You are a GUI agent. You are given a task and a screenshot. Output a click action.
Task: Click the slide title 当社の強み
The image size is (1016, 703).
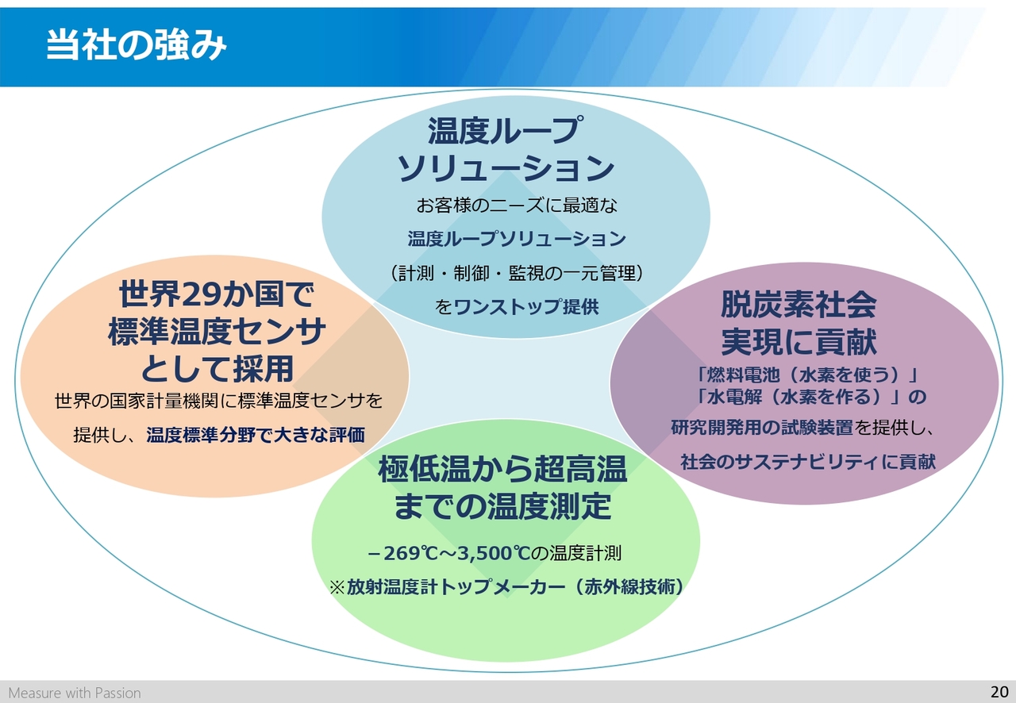[x=136, y=45]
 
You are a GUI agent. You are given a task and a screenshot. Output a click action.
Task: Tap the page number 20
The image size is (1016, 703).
[x=999, y=692]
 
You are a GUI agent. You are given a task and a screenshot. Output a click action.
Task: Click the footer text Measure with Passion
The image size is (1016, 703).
[x=75, y=693]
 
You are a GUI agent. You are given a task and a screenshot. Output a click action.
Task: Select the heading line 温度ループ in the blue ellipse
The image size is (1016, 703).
[x=503, y=131]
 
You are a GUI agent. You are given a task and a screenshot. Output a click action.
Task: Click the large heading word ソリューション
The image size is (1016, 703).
[x=506, y=168]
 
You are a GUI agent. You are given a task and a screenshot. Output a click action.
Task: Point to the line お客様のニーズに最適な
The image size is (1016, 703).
[x=517, y=206]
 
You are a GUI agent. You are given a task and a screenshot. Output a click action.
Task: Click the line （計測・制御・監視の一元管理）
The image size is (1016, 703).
[x=517, y=273]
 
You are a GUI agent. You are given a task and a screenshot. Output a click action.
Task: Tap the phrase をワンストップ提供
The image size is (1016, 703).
[x=517, y=307]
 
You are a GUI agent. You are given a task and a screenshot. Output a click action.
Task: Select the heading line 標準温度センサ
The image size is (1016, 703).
[x=217, y=331]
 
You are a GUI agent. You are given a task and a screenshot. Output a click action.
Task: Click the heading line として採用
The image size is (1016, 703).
[x=217, y=369]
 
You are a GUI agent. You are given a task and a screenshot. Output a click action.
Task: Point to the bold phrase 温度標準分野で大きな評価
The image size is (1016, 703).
[x=256, y=435]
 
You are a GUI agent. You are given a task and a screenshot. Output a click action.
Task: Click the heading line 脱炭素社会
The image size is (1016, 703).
[x=799, y=305]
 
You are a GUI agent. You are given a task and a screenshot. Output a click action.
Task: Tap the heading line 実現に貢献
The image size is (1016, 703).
[x=799, y=341]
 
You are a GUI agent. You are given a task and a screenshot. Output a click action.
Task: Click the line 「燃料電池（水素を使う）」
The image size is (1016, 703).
[x=806, y=375]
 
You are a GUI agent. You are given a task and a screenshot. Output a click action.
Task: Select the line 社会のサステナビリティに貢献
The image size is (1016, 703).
[x=808, y=462]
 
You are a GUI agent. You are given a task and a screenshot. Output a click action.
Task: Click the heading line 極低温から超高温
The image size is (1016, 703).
[x=502, y=468]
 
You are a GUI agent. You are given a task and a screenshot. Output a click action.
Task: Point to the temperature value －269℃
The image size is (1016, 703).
[x=402, y=553]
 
